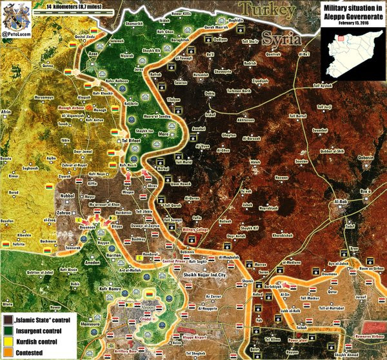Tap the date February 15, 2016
[351, 23]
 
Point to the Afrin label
[7, 112]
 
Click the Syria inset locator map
[352, 46]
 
